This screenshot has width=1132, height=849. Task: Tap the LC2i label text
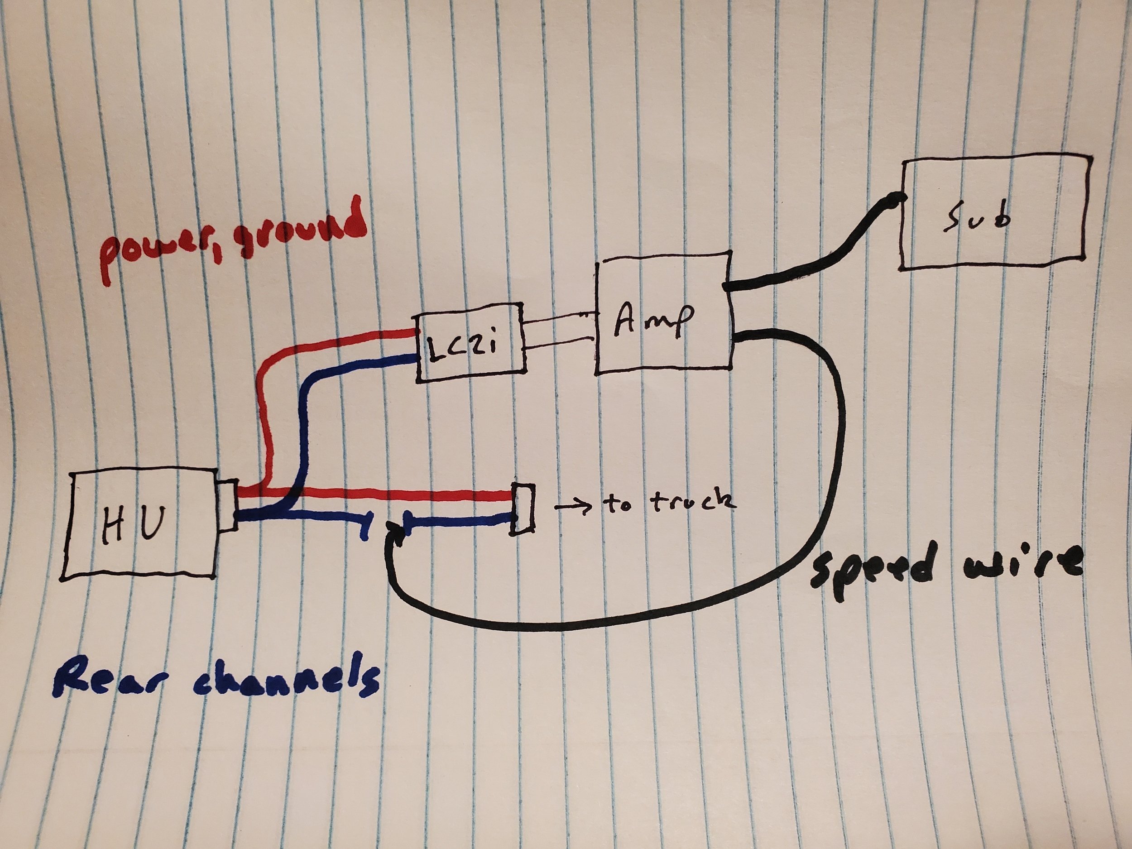460,351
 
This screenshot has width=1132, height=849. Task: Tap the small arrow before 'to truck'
573,507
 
